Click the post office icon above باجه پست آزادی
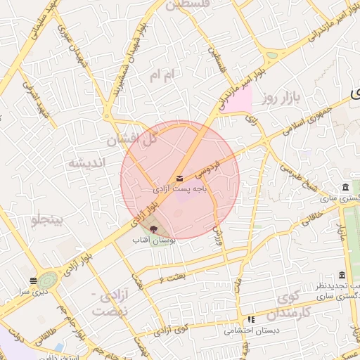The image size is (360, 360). (x=179, y=178)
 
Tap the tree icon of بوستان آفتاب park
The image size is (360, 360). (x=154, y=229)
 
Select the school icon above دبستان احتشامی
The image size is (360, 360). (x=251, y=319)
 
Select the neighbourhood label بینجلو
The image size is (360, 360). (x=47, y=220)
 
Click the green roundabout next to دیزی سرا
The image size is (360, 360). (x=48, y=280)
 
